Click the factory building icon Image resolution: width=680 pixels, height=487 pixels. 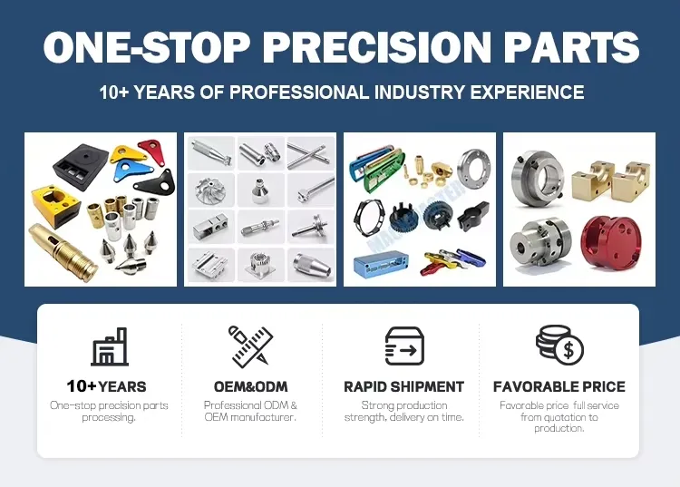coord(109,346)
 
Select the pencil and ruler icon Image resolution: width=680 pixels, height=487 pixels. coord(250,346)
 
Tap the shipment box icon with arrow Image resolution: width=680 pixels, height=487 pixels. coord(404,346)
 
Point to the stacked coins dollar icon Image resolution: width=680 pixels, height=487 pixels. coord(559,346)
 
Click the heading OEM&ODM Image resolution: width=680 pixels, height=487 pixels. coord(250,386)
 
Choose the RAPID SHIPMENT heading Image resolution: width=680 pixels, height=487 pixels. coord(404,386)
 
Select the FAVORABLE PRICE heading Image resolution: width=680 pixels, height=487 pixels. coord(559,386)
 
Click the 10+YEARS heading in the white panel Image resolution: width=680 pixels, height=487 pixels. coord(106,386)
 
